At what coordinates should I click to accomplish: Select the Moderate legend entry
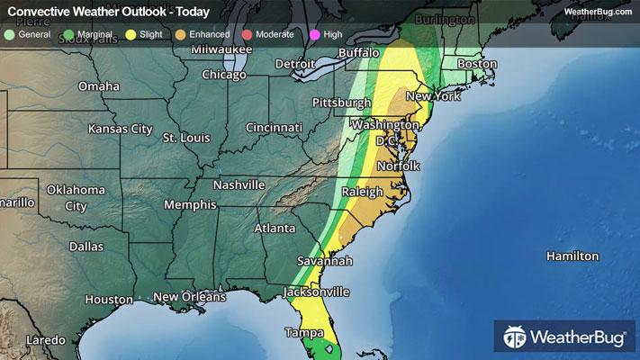coord(260,33)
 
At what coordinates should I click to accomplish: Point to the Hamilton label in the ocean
coord(572,256)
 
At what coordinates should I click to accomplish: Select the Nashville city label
coord(239,184)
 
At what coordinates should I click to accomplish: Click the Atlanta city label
coord(275,229)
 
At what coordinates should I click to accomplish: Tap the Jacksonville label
coord(316,292)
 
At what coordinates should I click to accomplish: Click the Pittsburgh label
coord(341,103)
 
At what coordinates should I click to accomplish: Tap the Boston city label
coord(477,64)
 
